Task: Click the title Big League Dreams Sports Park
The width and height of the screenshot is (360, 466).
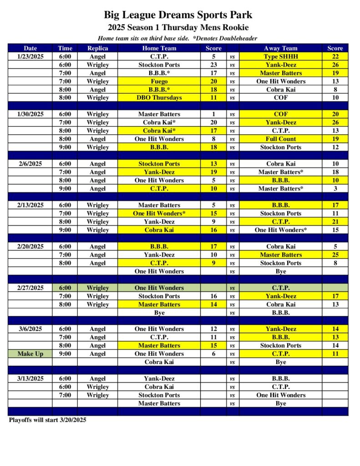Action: [178, 15]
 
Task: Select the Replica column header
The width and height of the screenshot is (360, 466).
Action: [97, 48]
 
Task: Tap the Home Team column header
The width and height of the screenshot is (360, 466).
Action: [159, 48]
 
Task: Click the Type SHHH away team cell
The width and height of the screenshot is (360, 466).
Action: [280, 56]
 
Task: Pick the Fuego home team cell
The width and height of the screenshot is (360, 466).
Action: [159, 81]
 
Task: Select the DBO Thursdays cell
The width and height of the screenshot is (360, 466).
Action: [159, 98]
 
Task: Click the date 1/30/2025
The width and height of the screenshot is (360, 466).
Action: [30, 114]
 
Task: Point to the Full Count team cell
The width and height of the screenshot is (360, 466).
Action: [280, 139]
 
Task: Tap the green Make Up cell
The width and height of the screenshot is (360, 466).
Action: [30, 354]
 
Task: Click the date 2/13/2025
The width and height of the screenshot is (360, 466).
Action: [30, 205]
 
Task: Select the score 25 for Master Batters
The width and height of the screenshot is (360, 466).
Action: [335, 255]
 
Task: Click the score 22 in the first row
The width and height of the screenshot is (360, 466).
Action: [335, 56]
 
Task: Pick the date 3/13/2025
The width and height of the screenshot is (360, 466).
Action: [30, 379]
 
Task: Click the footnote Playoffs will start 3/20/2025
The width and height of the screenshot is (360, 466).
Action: [47, 420]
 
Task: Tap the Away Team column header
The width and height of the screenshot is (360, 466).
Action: [280, 48]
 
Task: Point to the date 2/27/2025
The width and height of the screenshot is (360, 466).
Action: [30, 288]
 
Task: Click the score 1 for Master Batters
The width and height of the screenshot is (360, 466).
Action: [213, 114]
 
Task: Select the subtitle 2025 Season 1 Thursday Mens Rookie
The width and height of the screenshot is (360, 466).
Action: [178, 27]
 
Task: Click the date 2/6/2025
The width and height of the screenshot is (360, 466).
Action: [30, 164]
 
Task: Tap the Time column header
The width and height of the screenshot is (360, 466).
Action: [65, 48]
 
